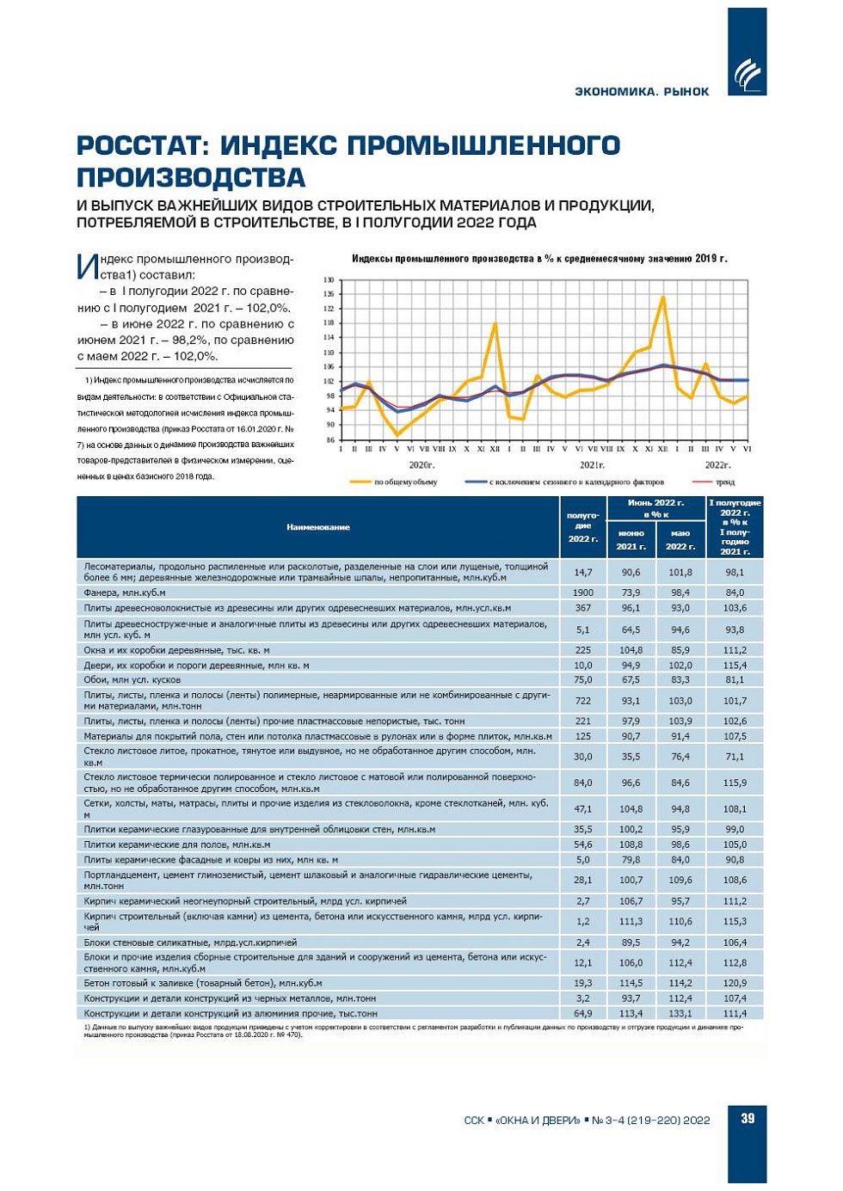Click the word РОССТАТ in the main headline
point(141,145)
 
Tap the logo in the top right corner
point(747,74)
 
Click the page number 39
point(748,1118)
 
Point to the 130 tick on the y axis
point(328,280)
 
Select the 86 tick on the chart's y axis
point(329,440)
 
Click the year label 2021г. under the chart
point(592,464)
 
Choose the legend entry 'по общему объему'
point(405,482)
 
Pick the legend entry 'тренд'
point(724,482)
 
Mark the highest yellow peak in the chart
point(663,297)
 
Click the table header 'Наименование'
point(318,527)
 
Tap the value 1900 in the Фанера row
point(583,592)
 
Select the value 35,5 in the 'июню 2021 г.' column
point(631,757)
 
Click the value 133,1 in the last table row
point(680,1013)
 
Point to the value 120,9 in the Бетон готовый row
point(735,983)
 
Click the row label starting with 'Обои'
point(132,679)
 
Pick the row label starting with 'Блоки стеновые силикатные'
point(190,942)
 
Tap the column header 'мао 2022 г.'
point(680,539)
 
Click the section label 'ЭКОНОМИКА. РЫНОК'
point(642,92)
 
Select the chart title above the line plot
point(539,259)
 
